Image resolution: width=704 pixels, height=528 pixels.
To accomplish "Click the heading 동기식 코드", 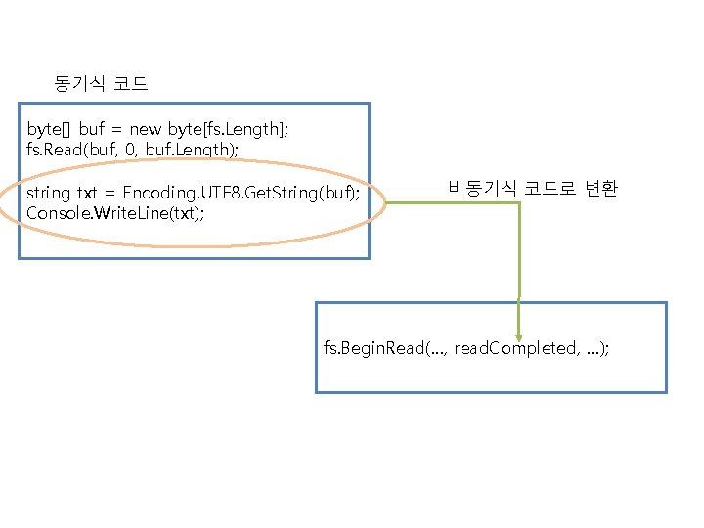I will (x=102, y=84).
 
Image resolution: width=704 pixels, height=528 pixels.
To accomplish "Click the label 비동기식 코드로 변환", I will (x=533, y=189).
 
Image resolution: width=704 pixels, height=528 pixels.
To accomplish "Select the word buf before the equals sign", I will (x=92, y=129).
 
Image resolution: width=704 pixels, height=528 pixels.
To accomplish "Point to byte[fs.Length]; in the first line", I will (x=234, y=129).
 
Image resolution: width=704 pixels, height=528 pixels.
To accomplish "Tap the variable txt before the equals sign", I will (x=90, y=193).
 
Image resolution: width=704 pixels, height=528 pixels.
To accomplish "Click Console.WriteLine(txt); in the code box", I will (x=115, y=213).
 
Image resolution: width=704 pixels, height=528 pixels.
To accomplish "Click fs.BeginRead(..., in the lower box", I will (x=386, y=348).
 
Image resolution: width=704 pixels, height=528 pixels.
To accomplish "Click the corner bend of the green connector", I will (x=518, y=202).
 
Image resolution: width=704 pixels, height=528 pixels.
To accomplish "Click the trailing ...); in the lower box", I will (x=597, y=348).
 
